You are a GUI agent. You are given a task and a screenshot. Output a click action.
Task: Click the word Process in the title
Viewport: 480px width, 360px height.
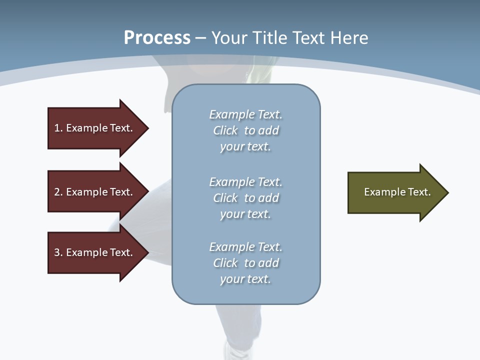click(157, 38)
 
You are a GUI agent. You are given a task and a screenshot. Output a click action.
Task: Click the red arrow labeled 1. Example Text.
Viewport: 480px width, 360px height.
click(95, 128)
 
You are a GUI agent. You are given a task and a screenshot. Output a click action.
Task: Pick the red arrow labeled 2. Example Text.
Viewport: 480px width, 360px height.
click(95, 192)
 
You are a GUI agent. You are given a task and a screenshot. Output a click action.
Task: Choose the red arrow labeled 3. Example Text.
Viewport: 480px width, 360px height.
click(95, 252)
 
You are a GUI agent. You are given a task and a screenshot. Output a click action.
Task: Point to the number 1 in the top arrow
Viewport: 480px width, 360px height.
click(57, 128)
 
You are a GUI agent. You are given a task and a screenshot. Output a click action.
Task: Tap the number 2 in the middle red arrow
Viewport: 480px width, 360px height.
click(57, 192)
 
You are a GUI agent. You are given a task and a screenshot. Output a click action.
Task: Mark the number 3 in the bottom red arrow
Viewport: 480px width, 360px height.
click(57, 252)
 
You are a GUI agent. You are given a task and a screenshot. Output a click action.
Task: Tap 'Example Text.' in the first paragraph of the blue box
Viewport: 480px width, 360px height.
click(245, 114)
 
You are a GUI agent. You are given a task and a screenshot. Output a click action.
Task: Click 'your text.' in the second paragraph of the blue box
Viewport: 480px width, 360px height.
click(245, 214)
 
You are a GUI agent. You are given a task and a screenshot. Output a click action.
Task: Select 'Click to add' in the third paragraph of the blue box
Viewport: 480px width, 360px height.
click(245, 263)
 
